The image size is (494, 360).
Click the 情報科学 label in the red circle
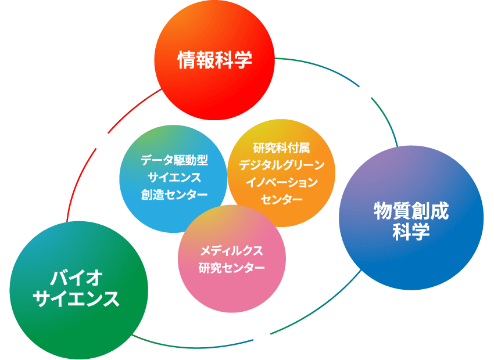point(215,60)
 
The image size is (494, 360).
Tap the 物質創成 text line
point(411,211)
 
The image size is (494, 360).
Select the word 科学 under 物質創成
point(411,232)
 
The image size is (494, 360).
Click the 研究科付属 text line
point(281,148)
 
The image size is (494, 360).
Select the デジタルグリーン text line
point(282,165)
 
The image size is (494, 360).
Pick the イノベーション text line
point(282,182)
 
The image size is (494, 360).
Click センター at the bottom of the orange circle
point(282,200)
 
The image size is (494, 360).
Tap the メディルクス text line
point(231,251)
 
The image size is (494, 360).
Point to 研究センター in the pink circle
point(231,268)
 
